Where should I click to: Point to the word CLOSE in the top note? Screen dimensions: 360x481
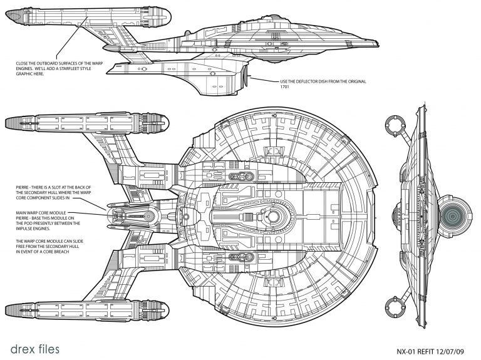(x=23, y=63)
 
